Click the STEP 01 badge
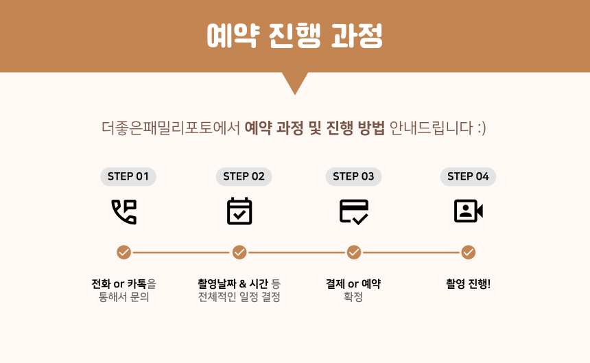pyautogui.click(x=128, y=176)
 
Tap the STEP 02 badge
pyautogui.click(x=244, y=176)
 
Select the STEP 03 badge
pyautogui.click(x=353, y=176)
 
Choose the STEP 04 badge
pyautogui.click(x=468, y=176)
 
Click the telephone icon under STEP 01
pyautogui.click(x=124, y=211)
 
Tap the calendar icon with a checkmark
pyautogui.click(x=239, y=211)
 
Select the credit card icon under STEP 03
pyautogui.click(x=354, y=211)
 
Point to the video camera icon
pyautogui.click(x=469, y=211)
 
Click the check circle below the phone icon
pyautogui.click(x=124, y=253)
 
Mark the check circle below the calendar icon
pyautogui.click(x=239, y=253)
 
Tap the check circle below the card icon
pyautogui.click(x=354, y=253)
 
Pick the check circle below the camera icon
pyautogui.click(x=469, y=253)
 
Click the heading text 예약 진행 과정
pyautogui.click(x=295, y=36)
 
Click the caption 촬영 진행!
pyautogui.click(x=469, y=283)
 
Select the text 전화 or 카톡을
pyautogui.click(x=124, y=283)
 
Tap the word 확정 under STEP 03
pyautogui.click(x=353, y=298)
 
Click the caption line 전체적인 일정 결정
pyautogui.click(x=239, y=298)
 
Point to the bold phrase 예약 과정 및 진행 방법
pyautogui.click(x=315, y=128)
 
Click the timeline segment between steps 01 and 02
pyautogui.click(x=182, y=253)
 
